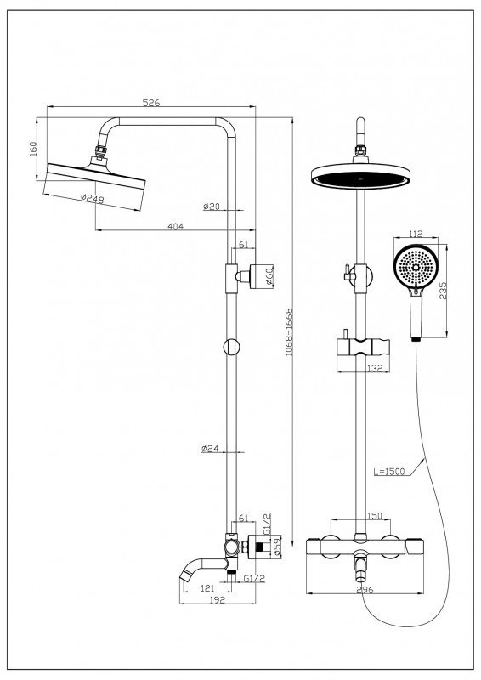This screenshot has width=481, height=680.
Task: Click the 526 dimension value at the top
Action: (x=151, y=102)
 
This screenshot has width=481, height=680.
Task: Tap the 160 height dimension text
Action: (x=33, y=148)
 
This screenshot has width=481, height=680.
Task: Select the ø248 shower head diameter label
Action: (x=93, y=199)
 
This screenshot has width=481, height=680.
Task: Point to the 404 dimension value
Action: (x=175, y=226)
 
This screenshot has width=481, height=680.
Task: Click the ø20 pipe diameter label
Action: (x=212, y=207)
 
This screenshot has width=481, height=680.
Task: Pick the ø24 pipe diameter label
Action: (x=210, y=449)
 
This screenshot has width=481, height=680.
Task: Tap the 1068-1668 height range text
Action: (x=289, y=332)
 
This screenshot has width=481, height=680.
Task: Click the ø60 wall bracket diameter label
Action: (x=269, y=276)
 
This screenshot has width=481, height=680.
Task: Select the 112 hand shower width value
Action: (x=416, y=235)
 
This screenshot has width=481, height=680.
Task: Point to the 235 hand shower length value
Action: (x=443, y=291)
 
